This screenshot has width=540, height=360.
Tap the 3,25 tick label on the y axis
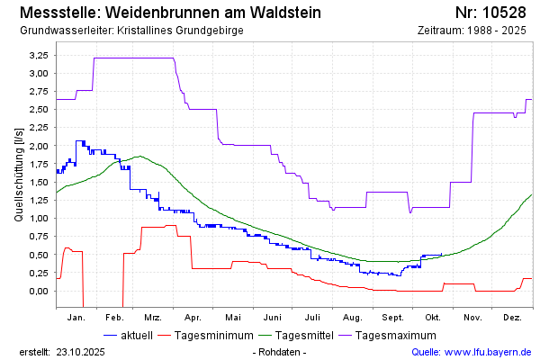[38, 55]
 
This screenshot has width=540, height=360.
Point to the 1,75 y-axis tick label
[38, 164]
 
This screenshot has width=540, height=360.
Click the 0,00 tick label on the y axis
[38, 291]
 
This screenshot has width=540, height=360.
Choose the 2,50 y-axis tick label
[38, 110]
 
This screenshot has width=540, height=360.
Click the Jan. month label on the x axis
[76, 318]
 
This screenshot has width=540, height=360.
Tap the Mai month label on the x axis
[233, 318]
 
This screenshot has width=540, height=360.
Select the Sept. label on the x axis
[392, 318]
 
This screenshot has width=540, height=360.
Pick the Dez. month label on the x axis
[512, 318]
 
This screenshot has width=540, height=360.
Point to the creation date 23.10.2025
[81, 352]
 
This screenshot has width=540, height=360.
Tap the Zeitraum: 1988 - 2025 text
[472, 31]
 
